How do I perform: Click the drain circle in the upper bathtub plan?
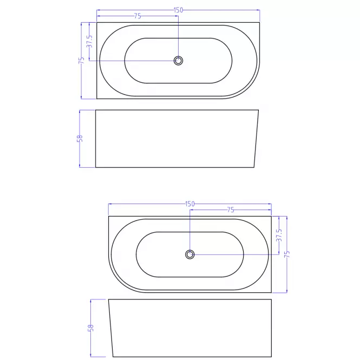click(x=178, y=61)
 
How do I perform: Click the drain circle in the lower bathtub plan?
click(x=190, y=254)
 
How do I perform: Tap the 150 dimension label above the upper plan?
click(x=178, y=10)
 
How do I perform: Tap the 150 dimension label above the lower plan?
click(x=189, y=204)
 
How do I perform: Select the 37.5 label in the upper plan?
click(x=89, y=42)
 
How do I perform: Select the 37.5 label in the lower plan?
click(x=279, y=235)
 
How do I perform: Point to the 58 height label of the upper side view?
click(x=80, y=139)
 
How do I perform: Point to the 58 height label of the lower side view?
click(x=91, y=328)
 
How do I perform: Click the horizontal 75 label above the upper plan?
click(x=138, y=16)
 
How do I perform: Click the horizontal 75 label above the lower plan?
click(x=231, y=210)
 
